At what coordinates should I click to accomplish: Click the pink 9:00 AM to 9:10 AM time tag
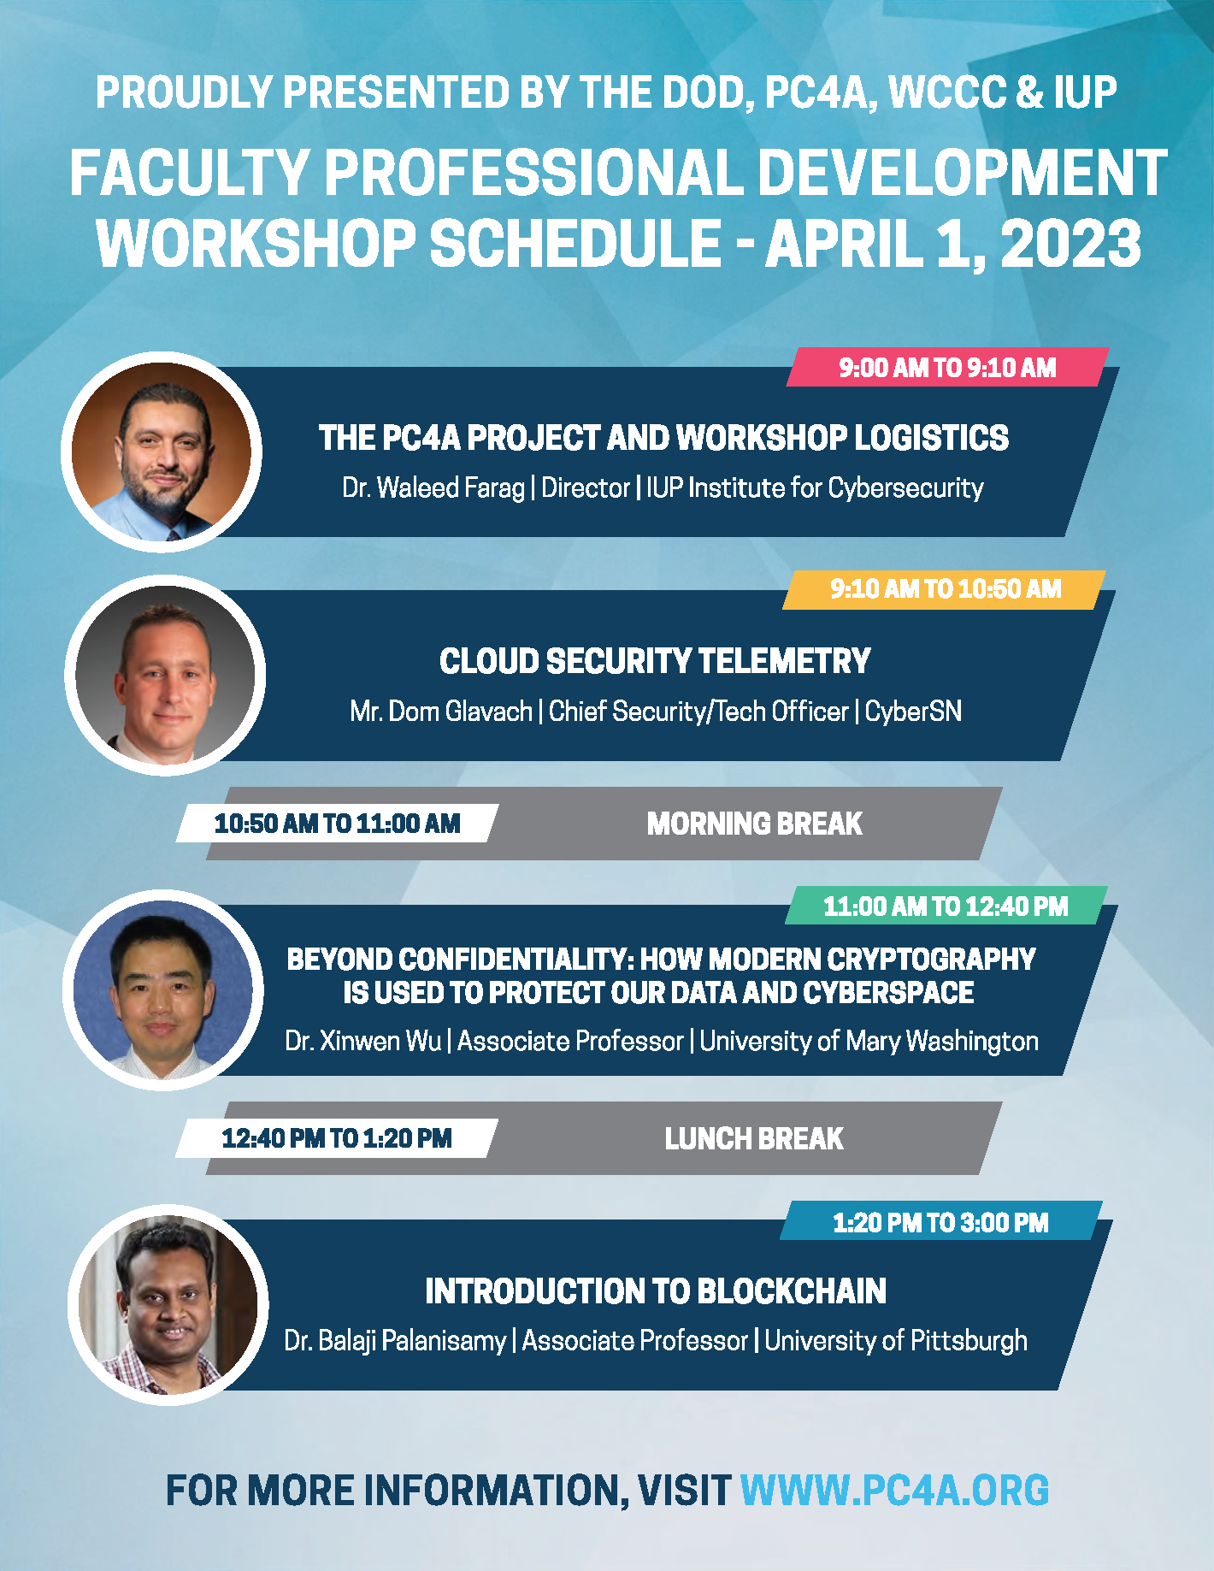click(947, 367)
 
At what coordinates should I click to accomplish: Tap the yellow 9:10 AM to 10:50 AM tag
click(944, 589)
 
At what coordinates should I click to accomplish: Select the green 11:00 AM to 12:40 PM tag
click(946, 906)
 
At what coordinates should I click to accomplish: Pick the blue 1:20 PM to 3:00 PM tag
click(940, 1221)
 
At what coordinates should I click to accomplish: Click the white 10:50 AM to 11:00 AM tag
click(337, 824)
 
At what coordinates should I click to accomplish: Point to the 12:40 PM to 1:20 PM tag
click(337, 1138)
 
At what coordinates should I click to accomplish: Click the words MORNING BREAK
click(754, 824)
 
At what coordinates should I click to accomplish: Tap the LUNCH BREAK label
click(754, 1138)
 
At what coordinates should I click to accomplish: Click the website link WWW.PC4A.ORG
click(894, 1490)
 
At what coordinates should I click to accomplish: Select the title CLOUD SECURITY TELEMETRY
click(655, 661)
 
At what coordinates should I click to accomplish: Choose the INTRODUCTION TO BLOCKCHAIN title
click(656, 1291)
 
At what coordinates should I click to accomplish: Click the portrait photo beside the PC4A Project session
click(162, 452)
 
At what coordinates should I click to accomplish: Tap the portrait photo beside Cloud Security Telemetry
click(165, 676)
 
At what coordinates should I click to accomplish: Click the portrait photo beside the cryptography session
click(163, 989)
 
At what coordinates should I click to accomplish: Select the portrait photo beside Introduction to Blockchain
click(168, 1305)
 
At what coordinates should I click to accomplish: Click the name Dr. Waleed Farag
click(433, 487)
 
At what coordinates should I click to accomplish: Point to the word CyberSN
click(913, 712)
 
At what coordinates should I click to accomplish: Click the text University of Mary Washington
click(869, 1041)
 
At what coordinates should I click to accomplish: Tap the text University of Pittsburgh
click(896, 1340)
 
